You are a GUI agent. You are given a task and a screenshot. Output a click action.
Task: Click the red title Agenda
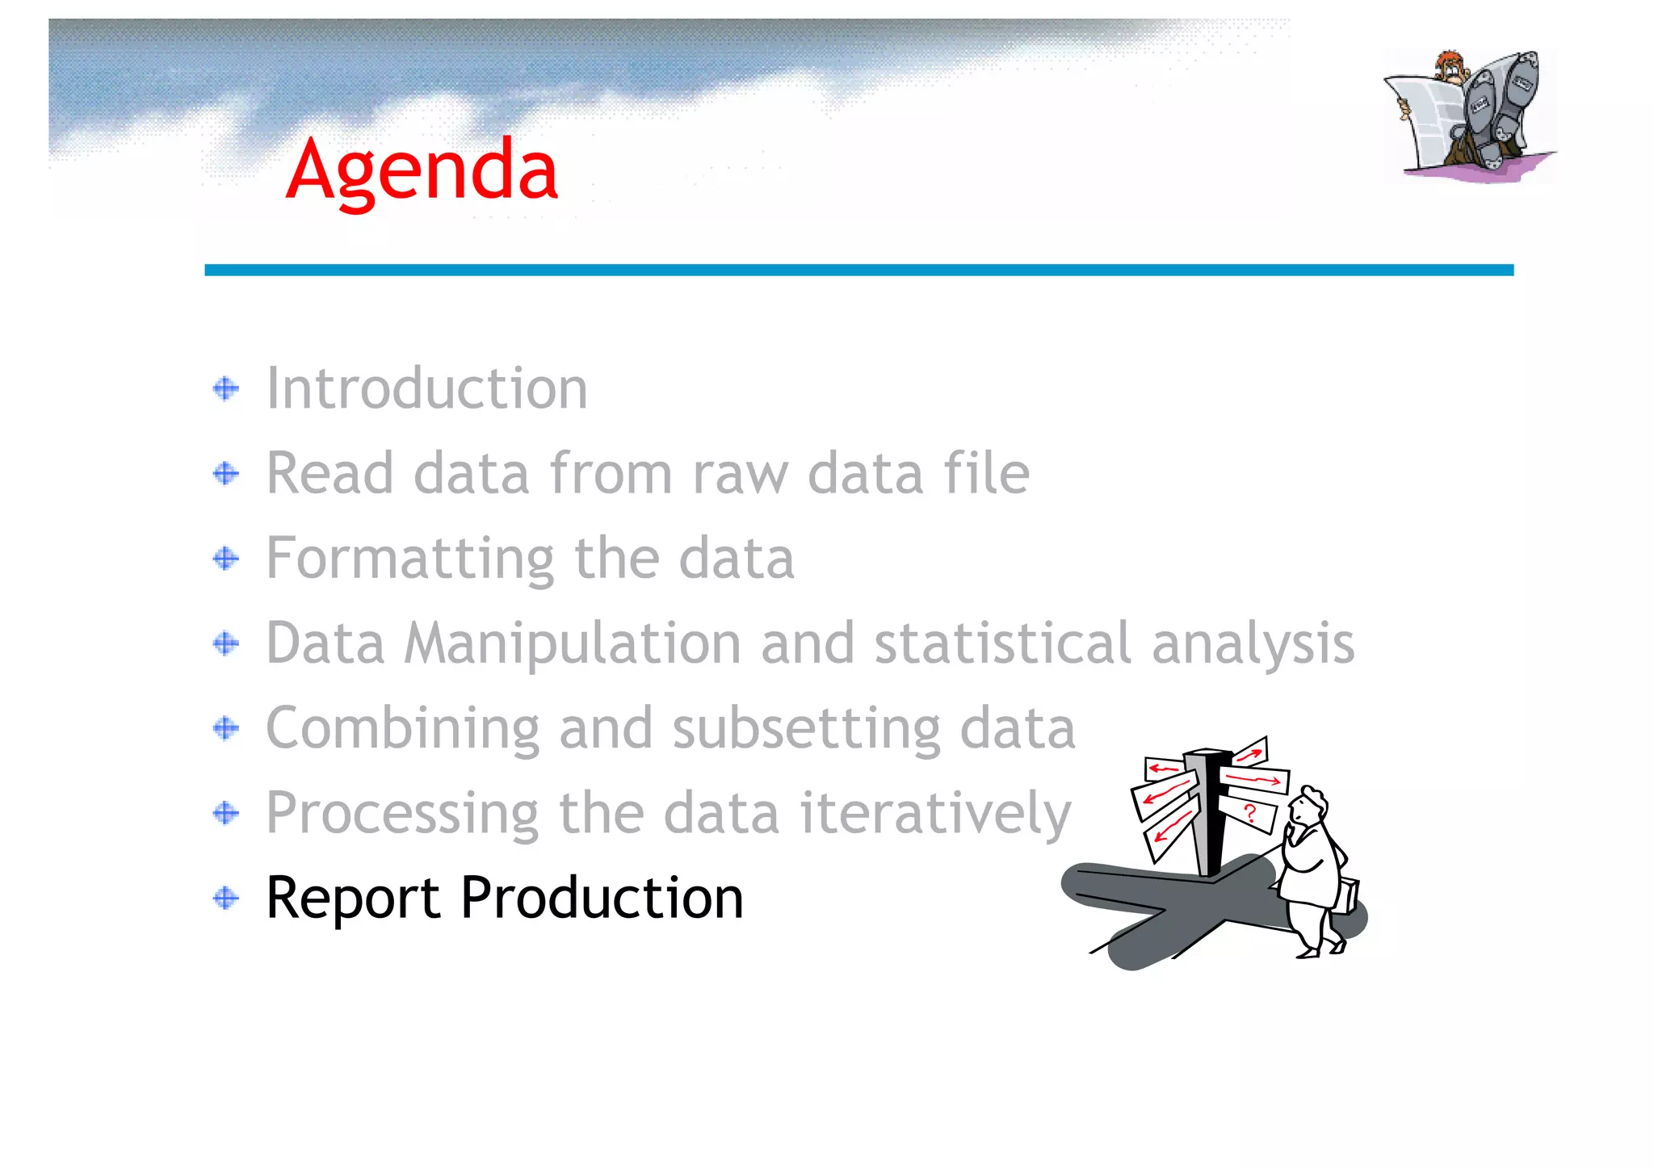(422, 171)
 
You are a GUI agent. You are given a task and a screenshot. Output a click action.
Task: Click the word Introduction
(426, 388)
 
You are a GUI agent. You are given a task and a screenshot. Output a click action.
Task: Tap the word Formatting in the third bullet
(409, 559)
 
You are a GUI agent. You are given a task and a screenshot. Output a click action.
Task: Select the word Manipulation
(572, 644)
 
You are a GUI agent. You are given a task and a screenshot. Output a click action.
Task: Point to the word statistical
(1002, 643)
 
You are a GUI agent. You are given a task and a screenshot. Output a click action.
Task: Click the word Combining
(401, 728)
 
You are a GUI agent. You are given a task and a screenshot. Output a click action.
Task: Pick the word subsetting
(805, 729)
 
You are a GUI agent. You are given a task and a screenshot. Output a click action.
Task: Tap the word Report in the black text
(353, 899)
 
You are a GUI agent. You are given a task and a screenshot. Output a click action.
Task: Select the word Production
(602, 898)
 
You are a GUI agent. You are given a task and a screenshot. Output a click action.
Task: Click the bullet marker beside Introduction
(226, 389)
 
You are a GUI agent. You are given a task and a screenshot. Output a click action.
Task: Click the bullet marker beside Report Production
(226, 898)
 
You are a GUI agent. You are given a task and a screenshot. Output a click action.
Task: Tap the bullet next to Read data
(226, 473)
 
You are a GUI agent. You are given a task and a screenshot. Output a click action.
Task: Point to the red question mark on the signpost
(1250, 813)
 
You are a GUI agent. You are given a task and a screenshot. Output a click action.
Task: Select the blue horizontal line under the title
(858, 270)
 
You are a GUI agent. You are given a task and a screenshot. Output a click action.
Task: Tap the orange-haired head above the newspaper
(1452, 66)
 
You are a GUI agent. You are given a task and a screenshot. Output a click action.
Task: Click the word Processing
(401, 813)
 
